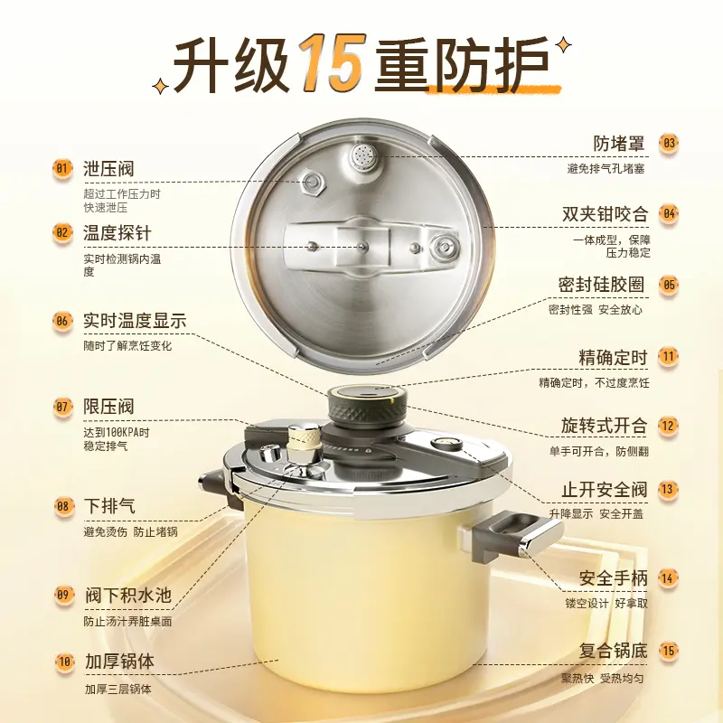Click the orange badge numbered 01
click(61, 168)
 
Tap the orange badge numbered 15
click(668, 651)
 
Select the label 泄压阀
click(108, 169)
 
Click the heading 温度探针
click(117, 233)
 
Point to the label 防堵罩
click(619, 144)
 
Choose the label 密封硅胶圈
click(601, 285)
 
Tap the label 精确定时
click(614, 357)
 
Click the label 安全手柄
click(614, 577)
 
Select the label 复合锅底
click(614, 651)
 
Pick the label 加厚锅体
click(119, 662)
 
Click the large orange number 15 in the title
click(332, 61)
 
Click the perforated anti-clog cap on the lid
click(364, 155)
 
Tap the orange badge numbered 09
click(63, 595)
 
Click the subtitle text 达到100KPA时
click(117, 433)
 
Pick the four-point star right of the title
click(562, 46)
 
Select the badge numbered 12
click(668, 425)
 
